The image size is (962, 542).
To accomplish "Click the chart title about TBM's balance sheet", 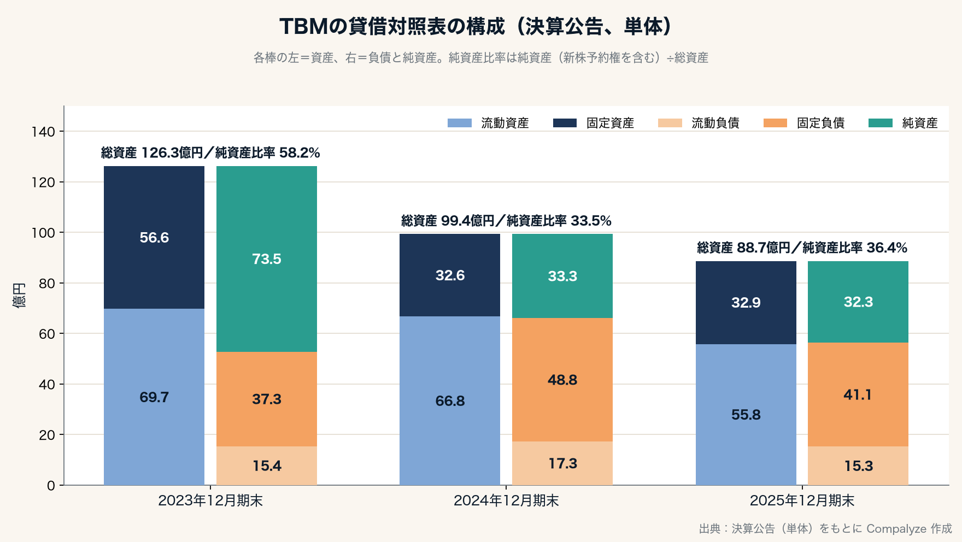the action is (476, 27).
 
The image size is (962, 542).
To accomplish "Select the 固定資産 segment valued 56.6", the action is (154, 237).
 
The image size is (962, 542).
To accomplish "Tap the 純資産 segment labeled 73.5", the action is (267, 259).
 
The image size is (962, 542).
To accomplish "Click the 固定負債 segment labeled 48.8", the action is (562, 380).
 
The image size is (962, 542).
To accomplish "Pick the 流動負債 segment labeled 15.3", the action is (858, 466).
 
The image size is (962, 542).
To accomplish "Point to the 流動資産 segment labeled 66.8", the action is (450, 400).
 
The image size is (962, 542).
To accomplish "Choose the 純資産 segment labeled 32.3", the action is (858, 302).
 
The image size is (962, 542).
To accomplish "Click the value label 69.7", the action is (154, 397).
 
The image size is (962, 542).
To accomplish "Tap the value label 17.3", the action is (562, 463).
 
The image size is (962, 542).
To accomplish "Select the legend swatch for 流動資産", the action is (459, 123).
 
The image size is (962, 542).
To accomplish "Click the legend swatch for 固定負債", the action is (775, 123).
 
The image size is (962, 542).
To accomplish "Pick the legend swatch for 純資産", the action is (880, 123).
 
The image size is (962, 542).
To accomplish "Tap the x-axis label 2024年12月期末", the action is (506, 500).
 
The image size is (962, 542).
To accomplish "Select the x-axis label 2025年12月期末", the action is (802, 500).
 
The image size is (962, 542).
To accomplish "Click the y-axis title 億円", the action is (19, 296).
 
